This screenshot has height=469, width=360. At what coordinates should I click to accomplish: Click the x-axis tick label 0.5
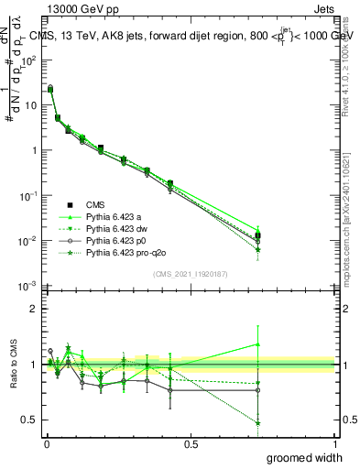191,443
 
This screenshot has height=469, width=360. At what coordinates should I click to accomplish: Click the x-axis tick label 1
334,443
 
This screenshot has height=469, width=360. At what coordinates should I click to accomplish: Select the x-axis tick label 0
47,443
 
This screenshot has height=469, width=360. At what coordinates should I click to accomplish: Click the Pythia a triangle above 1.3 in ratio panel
258,345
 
